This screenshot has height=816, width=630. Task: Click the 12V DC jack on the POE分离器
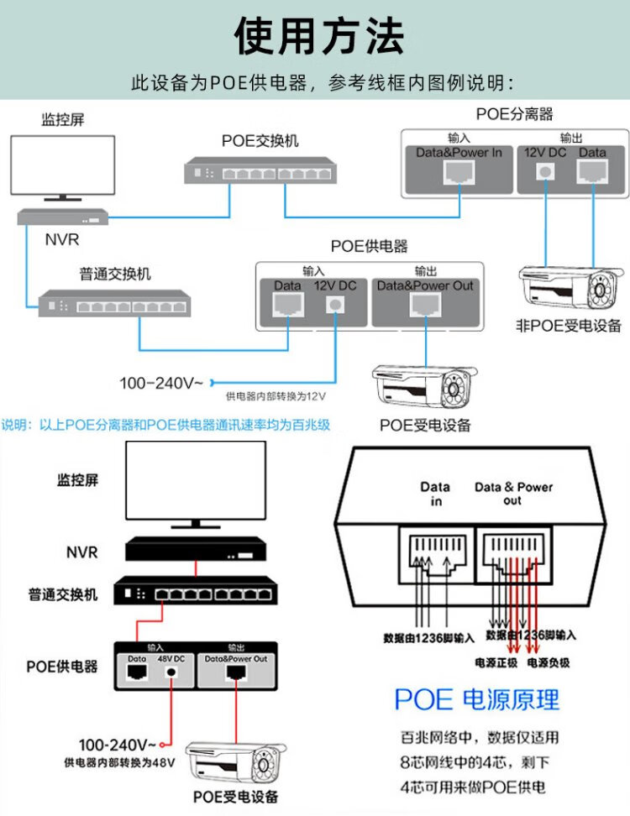[x=547, y=172]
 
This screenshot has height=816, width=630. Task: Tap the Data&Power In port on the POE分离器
[x=459, y=173]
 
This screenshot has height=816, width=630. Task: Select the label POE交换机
[x=260, y=141]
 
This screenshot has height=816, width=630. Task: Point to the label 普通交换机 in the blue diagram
[x=115, y=274]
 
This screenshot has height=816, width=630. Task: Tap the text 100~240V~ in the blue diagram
[x=161, y=384]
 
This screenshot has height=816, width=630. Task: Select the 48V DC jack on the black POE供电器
[x=172, y=672]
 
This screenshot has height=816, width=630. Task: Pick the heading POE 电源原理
[x=476, y=698]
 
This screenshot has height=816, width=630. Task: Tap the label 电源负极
[x=548, y=662]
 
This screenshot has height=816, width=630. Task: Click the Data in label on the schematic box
[x=435, y=494]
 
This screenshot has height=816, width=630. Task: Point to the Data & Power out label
[x=513, y=494]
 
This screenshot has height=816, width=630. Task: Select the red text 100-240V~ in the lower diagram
[x=118, y=745]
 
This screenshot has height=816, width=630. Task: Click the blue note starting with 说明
[x=165, y=425]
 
